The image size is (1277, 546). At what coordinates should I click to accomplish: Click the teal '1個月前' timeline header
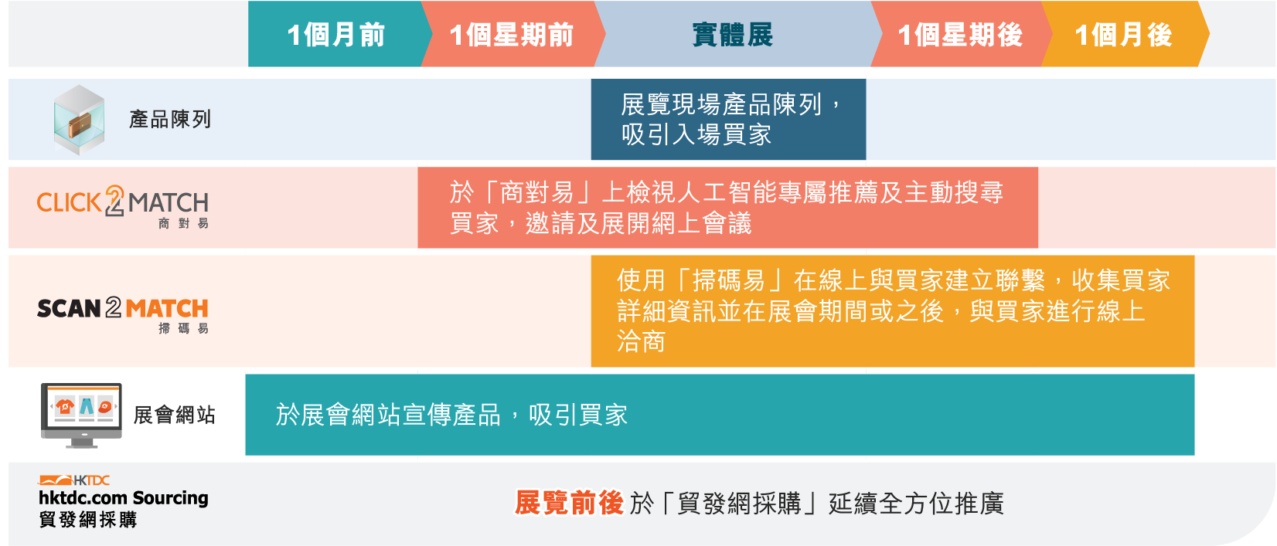tap(335, 34)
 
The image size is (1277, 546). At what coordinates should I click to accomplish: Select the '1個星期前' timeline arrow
tap(512, 34)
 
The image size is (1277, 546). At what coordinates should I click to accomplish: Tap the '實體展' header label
tap(733, 35)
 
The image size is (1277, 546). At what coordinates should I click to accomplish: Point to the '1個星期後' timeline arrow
tap(960, 34)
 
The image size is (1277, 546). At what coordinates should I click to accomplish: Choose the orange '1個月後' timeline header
tap(1124, 34)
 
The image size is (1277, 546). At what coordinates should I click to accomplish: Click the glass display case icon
tap(80, 120)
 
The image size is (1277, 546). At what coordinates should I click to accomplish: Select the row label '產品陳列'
tap(170, 120)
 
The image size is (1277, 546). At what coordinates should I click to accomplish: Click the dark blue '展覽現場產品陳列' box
tap(729, 120)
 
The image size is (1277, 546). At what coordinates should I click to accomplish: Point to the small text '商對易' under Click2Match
tap(183, 223)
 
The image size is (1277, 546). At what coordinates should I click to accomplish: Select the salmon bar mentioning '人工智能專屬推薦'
tap(727, 208)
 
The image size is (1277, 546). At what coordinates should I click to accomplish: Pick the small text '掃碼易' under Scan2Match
tap(183, 328)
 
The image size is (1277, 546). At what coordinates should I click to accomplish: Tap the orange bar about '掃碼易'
tap(893, 311)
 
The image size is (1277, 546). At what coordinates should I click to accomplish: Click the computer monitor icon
tap(81, 415)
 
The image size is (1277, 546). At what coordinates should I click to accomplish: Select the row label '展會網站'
tap(175, 415)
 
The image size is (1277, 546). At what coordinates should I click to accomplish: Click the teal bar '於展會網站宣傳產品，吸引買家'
tap(720, 415)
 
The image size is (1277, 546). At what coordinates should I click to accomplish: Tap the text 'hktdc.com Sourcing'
tap(123, 498)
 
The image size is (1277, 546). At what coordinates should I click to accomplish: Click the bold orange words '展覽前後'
tap(569, 504)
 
